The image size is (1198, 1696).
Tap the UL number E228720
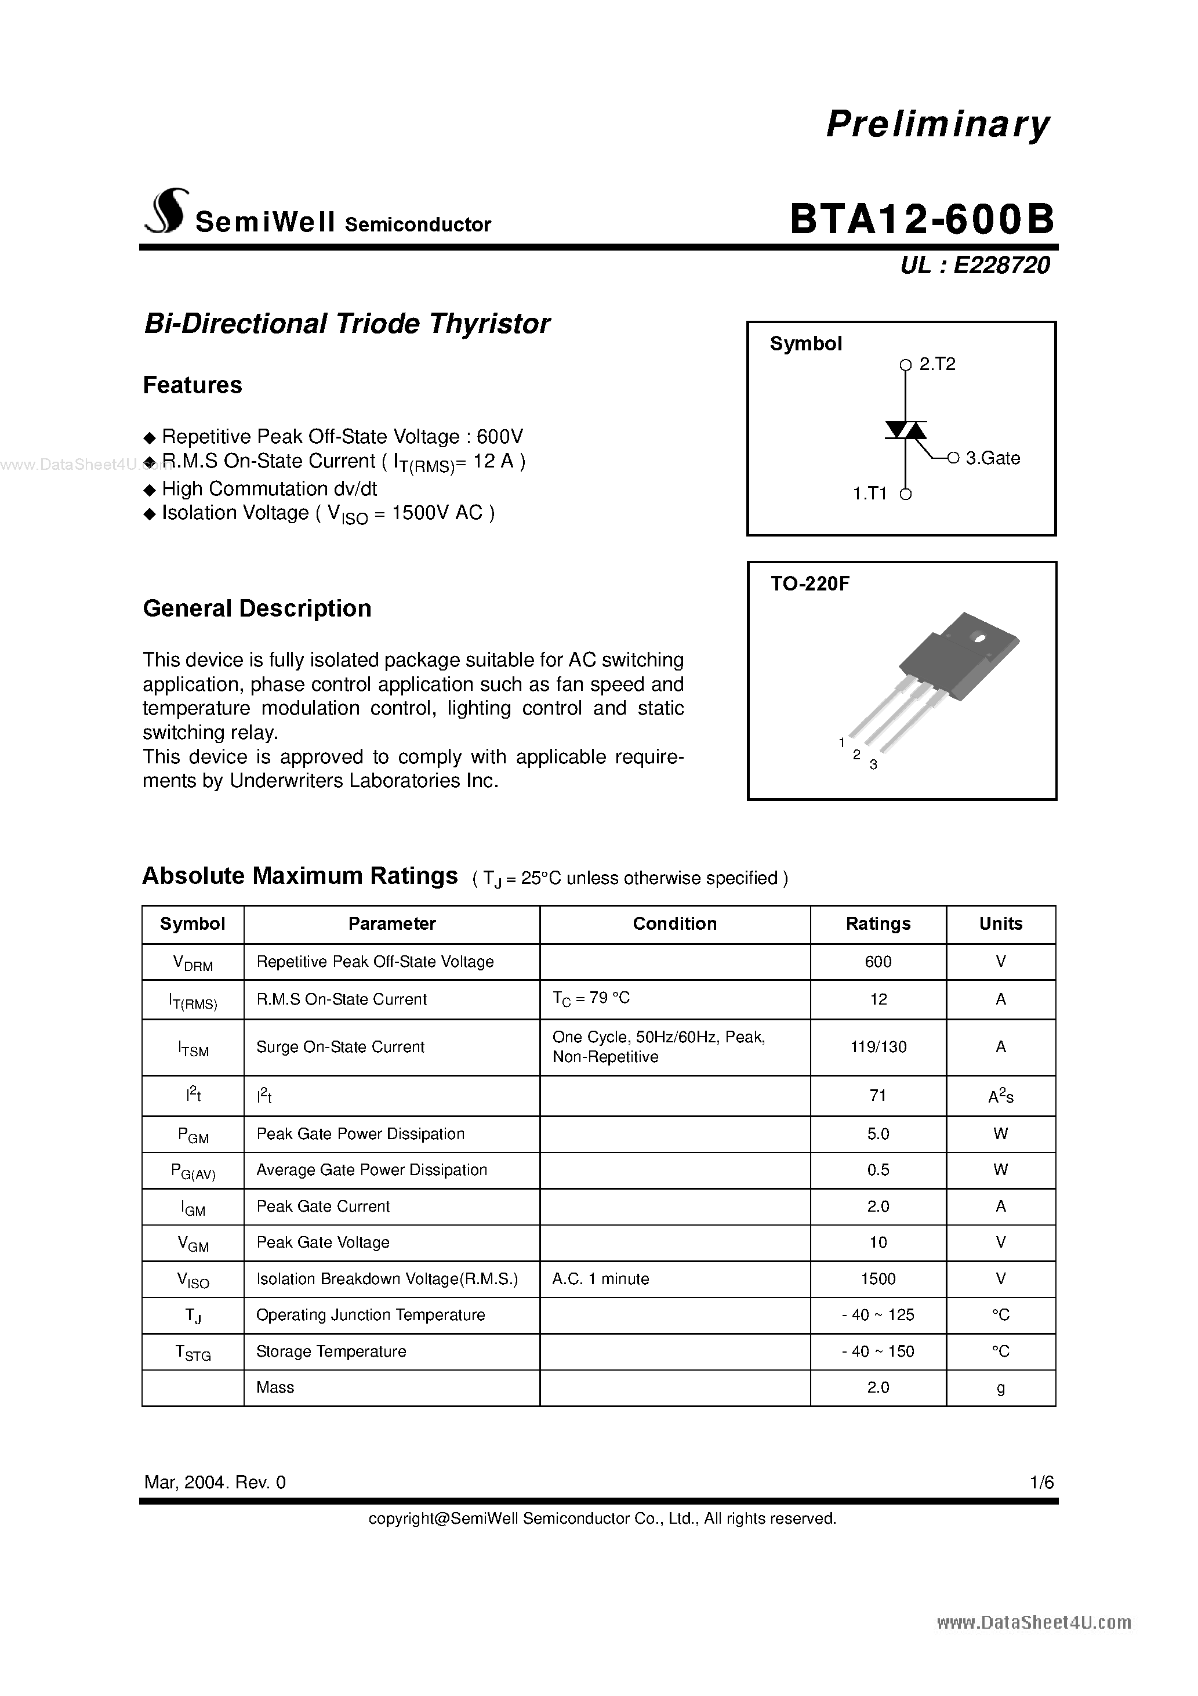pyautogui.click(x=1001, y=265)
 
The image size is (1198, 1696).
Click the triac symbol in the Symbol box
pyautogui.click(x=906, y=430)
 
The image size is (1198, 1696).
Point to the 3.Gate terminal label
pyautogui.click(x=993, y=458)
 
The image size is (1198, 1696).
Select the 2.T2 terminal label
pyautogui.click(x=937, y=364)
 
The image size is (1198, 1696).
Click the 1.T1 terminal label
pyautogui.click(x=869, y=494)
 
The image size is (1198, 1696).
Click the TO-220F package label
pyautogui.click(x=810, y=584)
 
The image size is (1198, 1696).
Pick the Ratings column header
pyautogui.click(x=877, y=923)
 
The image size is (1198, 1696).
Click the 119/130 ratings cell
pyautogui.click(x=877, y=1047)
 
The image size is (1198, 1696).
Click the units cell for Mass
pyautogui.click(x=1001, y=1387)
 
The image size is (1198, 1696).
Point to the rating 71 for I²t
pyautogui.click(x=877, y=1096)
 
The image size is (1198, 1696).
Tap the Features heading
pyautogui.click(x=192, y=385)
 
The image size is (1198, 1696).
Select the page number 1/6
pyautogui.click(x=1042, y=1482)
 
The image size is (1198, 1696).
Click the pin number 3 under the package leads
pyautogui.click(x=873, y=765)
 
